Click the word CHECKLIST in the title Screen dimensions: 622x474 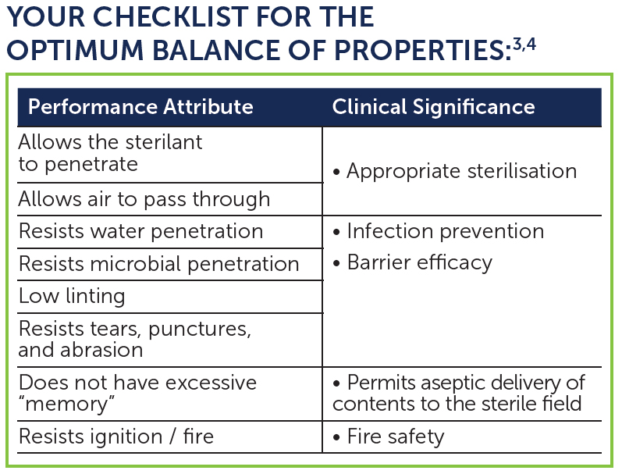(172, 17)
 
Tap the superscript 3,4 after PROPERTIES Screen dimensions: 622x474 (524, 45)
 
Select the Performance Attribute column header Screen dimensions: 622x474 (140, 107)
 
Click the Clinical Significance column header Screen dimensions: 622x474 (434, 107)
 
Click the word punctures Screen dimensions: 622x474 (200, 329)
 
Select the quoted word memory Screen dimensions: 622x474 (66, 405)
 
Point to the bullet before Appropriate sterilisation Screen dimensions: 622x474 (337, 173)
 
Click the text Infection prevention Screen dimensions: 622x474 (446, 231)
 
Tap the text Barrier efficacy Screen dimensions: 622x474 (420, 263)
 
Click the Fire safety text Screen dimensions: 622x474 (396, 437)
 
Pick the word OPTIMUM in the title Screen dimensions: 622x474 (75, 51)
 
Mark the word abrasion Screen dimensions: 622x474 (101, 350)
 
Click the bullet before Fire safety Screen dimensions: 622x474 (337, 437)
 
